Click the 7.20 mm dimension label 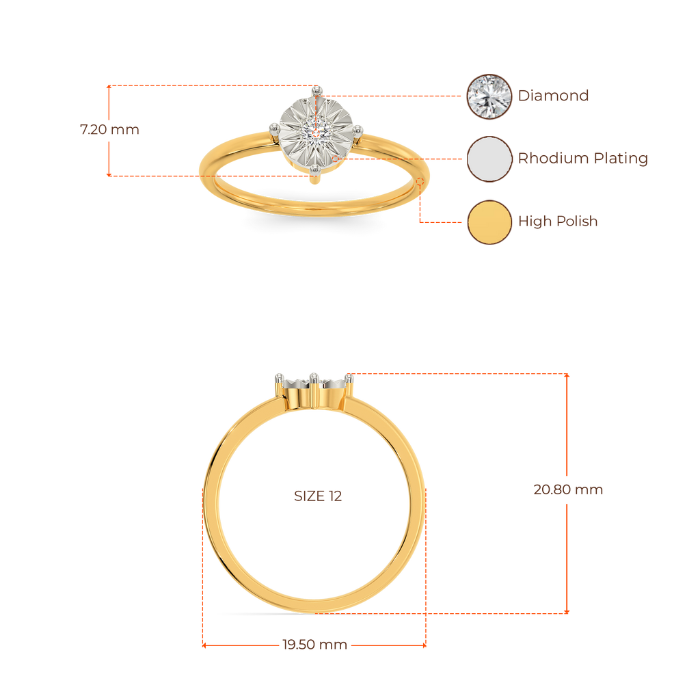(109, 129)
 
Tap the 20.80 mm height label (568, 489)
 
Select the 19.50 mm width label (314, 645)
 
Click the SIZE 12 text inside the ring (318, 496)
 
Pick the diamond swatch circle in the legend (489, 96)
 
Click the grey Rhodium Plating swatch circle (489, 159)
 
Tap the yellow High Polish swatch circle (489, 222)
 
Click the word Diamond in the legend (553, 96)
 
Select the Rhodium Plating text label (582, 159)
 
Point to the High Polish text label (558, 221)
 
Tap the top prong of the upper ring (317, 91)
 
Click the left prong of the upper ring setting (274, 129)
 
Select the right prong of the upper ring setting (357, 131)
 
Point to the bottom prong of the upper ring (314, 170)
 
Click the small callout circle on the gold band (420, 181)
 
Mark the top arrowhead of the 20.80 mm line (567, 376)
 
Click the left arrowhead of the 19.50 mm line (204, 645)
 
